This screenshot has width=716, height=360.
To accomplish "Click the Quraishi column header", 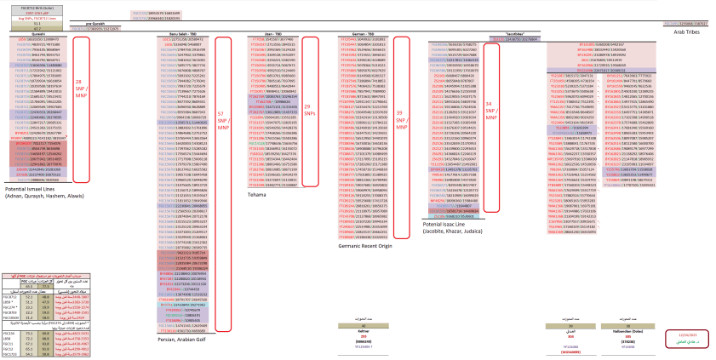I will (x=37, y=33).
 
